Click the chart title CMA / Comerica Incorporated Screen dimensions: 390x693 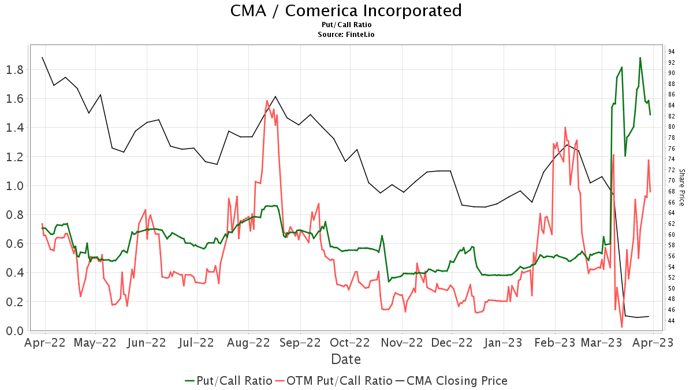pyautogui.click(x=346, y=11)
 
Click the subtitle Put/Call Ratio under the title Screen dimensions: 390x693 pyautogui.click(x=346, y=25)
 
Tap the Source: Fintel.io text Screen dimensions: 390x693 pyautogui.click(x=346, y=35)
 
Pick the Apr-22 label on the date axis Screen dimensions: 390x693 pyautogui.click(x=45, y=343)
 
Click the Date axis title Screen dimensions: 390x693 pyautogui.click(x=346, y=359)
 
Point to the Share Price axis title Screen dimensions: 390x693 pyautogui.click(x=682, y=187)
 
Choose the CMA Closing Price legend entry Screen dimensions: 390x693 pyautogui.click(x=451, y=381)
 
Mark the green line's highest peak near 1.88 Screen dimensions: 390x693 pyautogui.click(x=640, y=58)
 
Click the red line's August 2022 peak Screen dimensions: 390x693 pyautogui.click(x=267, y=101)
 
